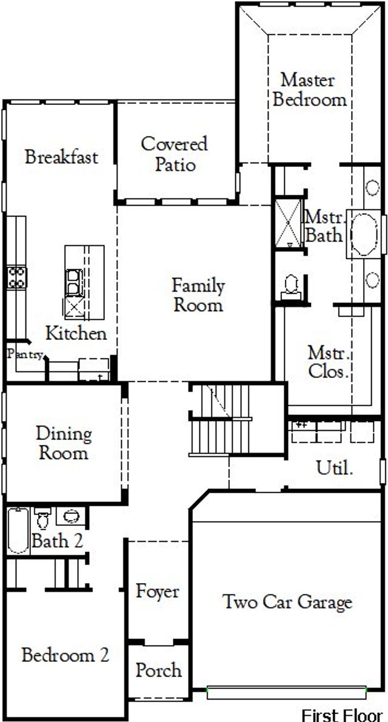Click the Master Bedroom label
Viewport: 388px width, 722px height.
point(309,89)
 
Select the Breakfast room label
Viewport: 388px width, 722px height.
point(61,157)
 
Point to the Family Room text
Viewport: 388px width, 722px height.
point(198,295)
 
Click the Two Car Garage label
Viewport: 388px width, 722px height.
point(287,602)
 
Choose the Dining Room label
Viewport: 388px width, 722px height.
point(64,443)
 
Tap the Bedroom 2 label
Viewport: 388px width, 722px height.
point(65,655)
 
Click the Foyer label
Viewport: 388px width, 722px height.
point(157,591)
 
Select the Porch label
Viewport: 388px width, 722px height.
point(158,670)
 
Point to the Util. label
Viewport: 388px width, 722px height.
point(335,468)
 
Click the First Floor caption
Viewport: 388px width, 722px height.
point(342,714)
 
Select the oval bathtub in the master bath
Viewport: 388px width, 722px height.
point(364,234)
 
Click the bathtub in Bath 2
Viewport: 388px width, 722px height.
point(18,531)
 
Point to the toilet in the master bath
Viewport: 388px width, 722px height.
point(290,284)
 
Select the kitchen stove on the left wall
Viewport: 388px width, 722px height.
point(16,278)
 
